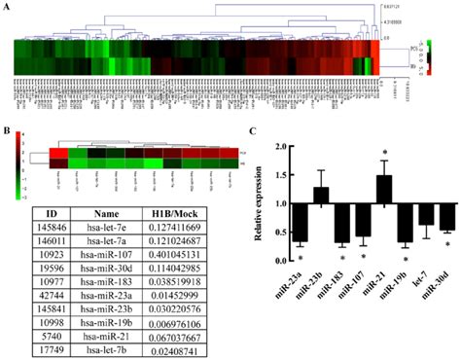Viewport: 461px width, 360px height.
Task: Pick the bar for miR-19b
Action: (406, 224)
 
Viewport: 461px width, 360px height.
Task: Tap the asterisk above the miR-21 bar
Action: (385, 153)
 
